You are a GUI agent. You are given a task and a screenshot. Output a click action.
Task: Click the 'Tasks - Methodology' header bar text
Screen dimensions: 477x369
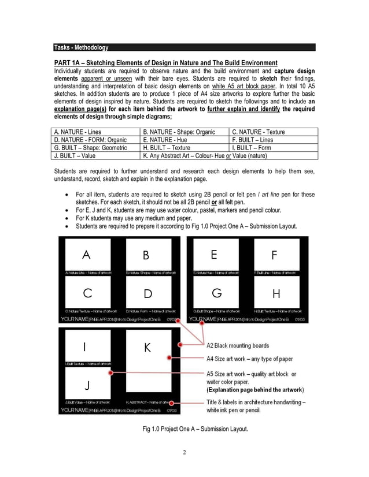click(x=80, y=47)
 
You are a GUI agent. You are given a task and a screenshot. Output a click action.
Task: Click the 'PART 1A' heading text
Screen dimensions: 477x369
click(x=165, y=62)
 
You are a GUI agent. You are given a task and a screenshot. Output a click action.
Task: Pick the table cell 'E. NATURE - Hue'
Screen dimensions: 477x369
click(x=165, y=139)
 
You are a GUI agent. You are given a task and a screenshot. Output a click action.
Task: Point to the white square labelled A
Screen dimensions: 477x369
click(x=87, y=254)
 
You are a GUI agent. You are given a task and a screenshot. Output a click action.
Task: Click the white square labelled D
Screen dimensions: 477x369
click(x=148, y=293)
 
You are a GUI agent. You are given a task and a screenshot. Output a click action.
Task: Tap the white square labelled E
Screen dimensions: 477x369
click(x=215, y=254)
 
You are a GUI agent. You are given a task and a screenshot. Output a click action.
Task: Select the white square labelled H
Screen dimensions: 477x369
click(x=276, y=293)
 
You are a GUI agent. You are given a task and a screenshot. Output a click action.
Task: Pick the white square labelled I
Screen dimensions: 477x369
click(x=85, y=346)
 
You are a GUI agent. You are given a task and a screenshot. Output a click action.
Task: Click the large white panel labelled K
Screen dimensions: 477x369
click(x=147, y=364)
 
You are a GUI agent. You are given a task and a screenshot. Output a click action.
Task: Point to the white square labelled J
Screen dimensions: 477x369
click(x=85, y=384)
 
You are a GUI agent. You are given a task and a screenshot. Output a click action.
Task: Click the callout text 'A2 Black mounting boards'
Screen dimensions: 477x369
click(x=238, y=345)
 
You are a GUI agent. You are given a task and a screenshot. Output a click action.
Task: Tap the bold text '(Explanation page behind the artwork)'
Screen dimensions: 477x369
click(x=255, y=390)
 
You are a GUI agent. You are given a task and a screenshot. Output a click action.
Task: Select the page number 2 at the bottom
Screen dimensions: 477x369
click(x=184, y=452)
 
